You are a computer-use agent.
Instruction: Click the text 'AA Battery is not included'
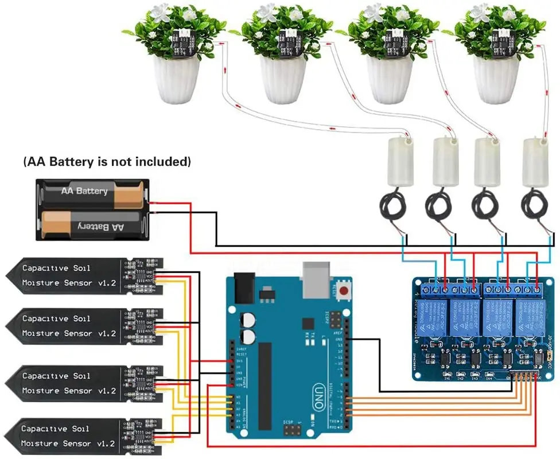tap(107, 162)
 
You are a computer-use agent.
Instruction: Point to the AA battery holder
tap(92, 209)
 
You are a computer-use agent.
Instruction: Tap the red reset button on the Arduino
tap(344, 290)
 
